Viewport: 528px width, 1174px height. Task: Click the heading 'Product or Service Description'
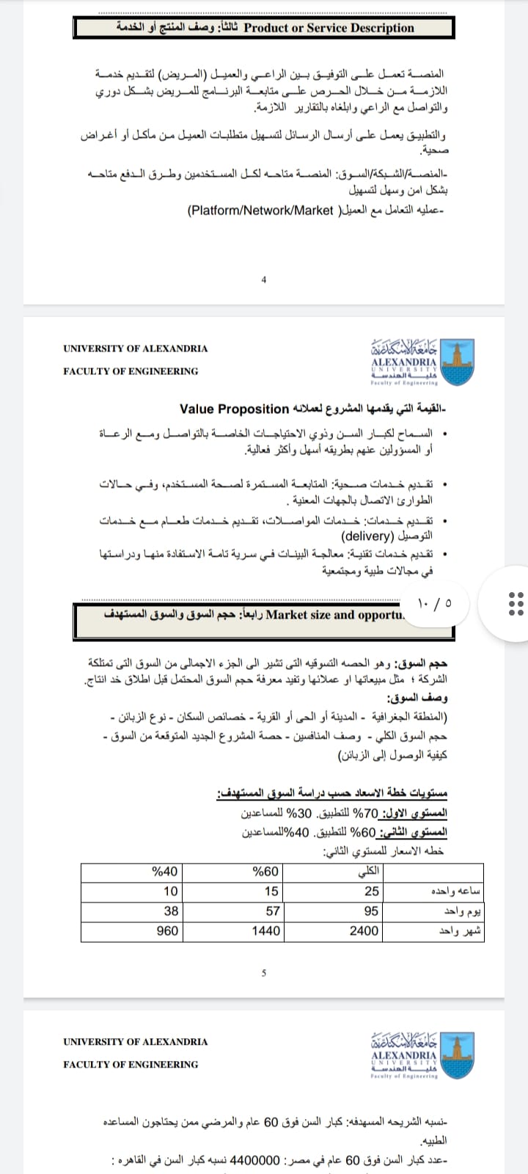[x=329, y=28]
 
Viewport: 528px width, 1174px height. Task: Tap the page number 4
[x=264, y=279]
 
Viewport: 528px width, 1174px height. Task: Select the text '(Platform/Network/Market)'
[x=262, y=211]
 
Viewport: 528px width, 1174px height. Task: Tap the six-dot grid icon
[x=516, y=602]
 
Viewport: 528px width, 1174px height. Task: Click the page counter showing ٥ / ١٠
[x=434, y=602]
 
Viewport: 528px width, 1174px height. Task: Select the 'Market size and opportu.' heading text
[x=334, y=615]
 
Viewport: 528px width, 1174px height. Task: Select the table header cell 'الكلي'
[x=368, y=872]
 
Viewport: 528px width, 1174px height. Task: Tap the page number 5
[x=264, y=973]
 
